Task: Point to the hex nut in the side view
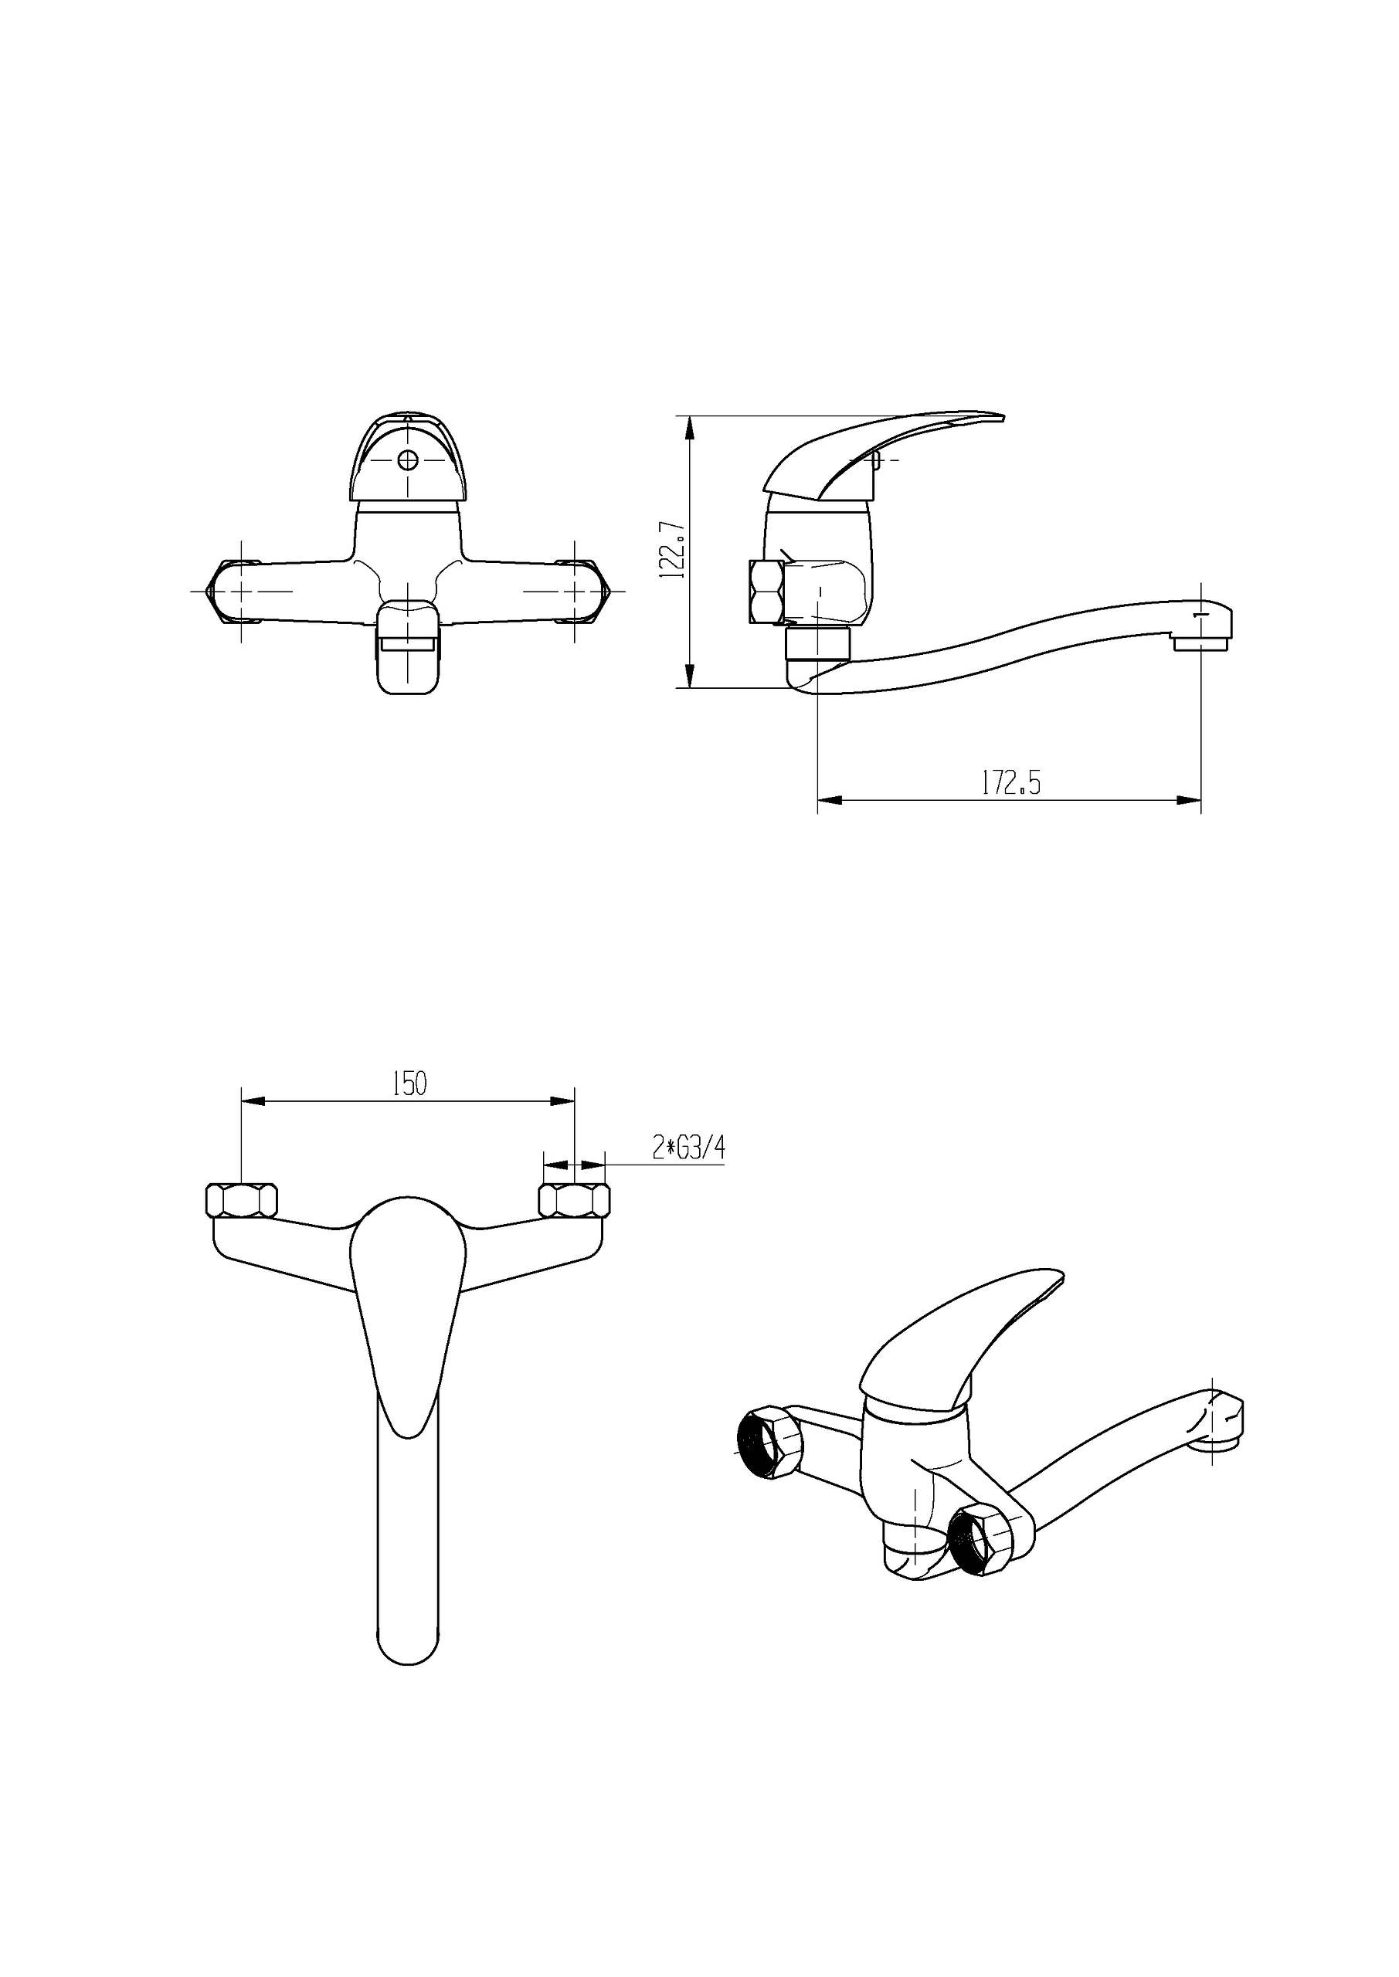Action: coord(766,592)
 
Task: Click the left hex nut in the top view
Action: coord(242,1200)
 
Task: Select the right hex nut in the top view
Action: coord(574,1200)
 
